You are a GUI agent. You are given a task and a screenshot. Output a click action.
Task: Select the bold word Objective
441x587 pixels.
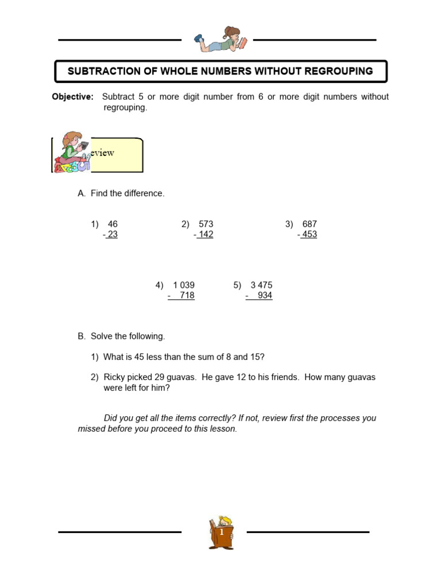(72, 97)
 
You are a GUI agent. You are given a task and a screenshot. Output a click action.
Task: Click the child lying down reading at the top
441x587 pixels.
(221, 40)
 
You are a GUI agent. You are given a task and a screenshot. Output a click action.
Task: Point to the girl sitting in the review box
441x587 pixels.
(72, 152)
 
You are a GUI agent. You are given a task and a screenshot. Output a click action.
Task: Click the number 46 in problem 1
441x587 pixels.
(113, 224)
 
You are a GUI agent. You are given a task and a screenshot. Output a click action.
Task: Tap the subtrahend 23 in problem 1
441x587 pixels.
(112, 234)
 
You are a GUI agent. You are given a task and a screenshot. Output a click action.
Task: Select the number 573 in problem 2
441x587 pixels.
(206, 224)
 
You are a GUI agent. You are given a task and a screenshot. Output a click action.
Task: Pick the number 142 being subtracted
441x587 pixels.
(205, 234)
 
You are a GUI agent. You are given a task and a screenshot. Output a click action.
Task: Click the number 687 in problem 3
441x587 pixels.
(310, 224)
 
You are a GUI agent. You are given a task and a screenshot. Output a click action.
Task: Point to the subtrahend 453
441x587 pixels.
(309, 234)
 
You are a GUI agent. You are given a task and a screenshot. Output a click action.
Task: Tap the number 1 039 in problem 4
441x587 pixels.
(184, 285)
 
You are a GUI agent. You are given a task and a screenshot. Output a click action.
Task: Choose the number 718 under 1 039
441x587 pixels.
(187, 296)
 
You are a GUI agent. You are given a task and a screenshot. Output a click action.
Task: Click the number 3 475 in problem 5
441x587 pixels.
(261, 285)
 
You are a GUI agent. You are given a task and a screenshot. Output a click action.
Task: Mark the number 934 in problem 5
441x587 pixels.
(265, 296)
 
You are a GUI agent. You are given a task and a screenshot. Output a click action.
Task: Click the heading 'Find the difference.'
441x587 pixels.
(127, 194)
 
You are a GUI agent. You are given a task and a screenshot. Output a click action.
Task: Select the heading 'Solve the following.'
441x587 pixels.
(127, 336)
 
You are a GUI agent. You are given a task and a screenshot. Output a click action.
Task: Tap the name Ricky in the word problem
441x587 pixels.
(114, 377)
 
